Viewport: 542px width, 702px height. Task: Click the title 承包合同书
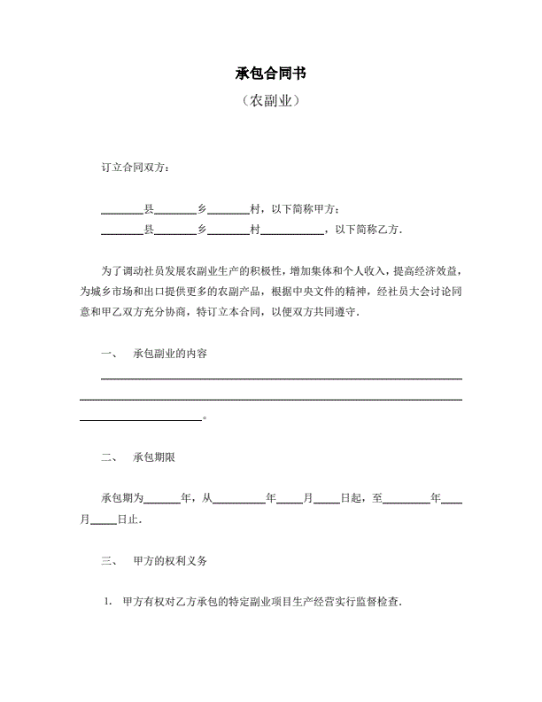click(x=271, y=72)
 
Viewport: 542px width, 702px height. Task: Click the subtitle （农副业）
click(x=271, y=101)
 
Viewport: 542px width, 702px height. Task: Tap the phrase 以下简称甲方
click(x=304, y=210)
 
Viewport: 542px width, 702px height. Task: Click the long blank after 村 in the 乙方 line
click(x=292, y=230)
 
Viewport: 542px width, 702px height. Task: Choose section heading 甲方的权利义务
click(x=170, y=561)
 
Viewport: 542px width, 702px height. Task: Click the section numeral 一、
click(x=110, y=354)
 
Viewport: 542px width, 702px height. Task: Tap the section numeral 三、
click(x=110, y=561)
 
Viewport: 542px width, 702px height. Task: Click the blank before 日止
click(x=104, y=520)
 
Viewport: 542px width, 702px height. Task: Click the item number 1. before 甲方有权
click(x=107, y=602)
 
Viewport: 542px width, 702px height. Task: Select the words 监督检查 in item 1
click(x=377, y=602)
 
